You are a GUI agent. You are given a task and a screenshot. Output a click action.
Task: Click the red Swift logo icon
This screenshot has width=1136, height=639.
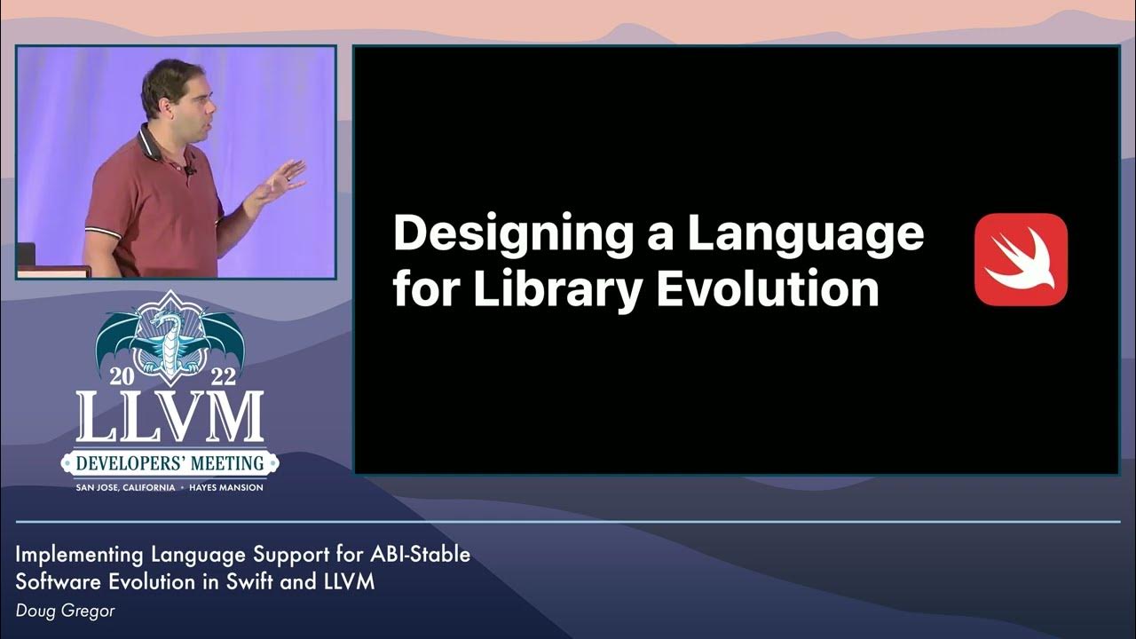pos(1021,259)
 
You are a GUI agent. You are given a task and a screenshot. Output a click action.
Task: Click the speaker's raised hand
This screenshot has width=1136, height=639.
pos(281,181)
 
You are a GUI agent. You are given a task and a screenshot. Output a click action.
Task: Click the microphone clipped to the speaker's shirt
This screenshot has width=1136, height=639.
pos(189,169)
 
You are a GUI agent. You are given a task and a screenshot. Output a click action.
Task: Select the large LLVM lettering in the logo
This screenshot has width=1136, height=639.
pos(169,418)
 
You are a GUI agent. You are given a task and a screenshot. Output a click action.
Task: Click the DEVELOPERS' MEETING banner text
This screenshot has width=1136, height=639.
pos(169,462)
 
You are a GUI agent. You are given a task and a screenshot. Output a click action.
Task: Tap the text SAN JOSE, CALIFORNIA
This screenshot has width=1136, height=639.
pos(124,487)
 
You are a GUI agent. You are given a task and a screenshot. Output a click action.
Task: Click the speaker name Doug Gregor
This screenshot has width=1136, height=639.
pos(65,611)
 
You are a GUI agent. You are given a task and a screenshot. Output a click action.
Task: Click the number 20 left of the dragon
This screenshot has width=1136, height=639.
pos(121,376)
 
